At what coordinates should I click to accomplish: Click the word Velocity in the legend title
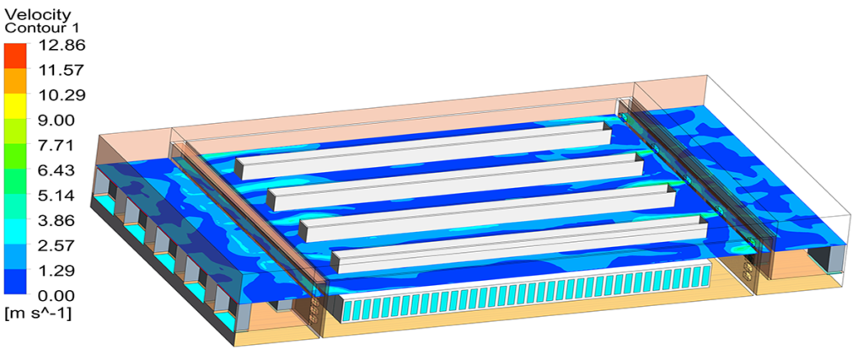coord(37,14)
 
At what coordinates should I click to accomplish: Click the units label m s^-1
coord(37,314)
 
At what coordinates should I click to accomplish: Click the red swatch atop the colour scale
coord(15,55)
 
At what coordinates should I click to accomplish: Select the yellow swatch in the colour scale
coord(15,105)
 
